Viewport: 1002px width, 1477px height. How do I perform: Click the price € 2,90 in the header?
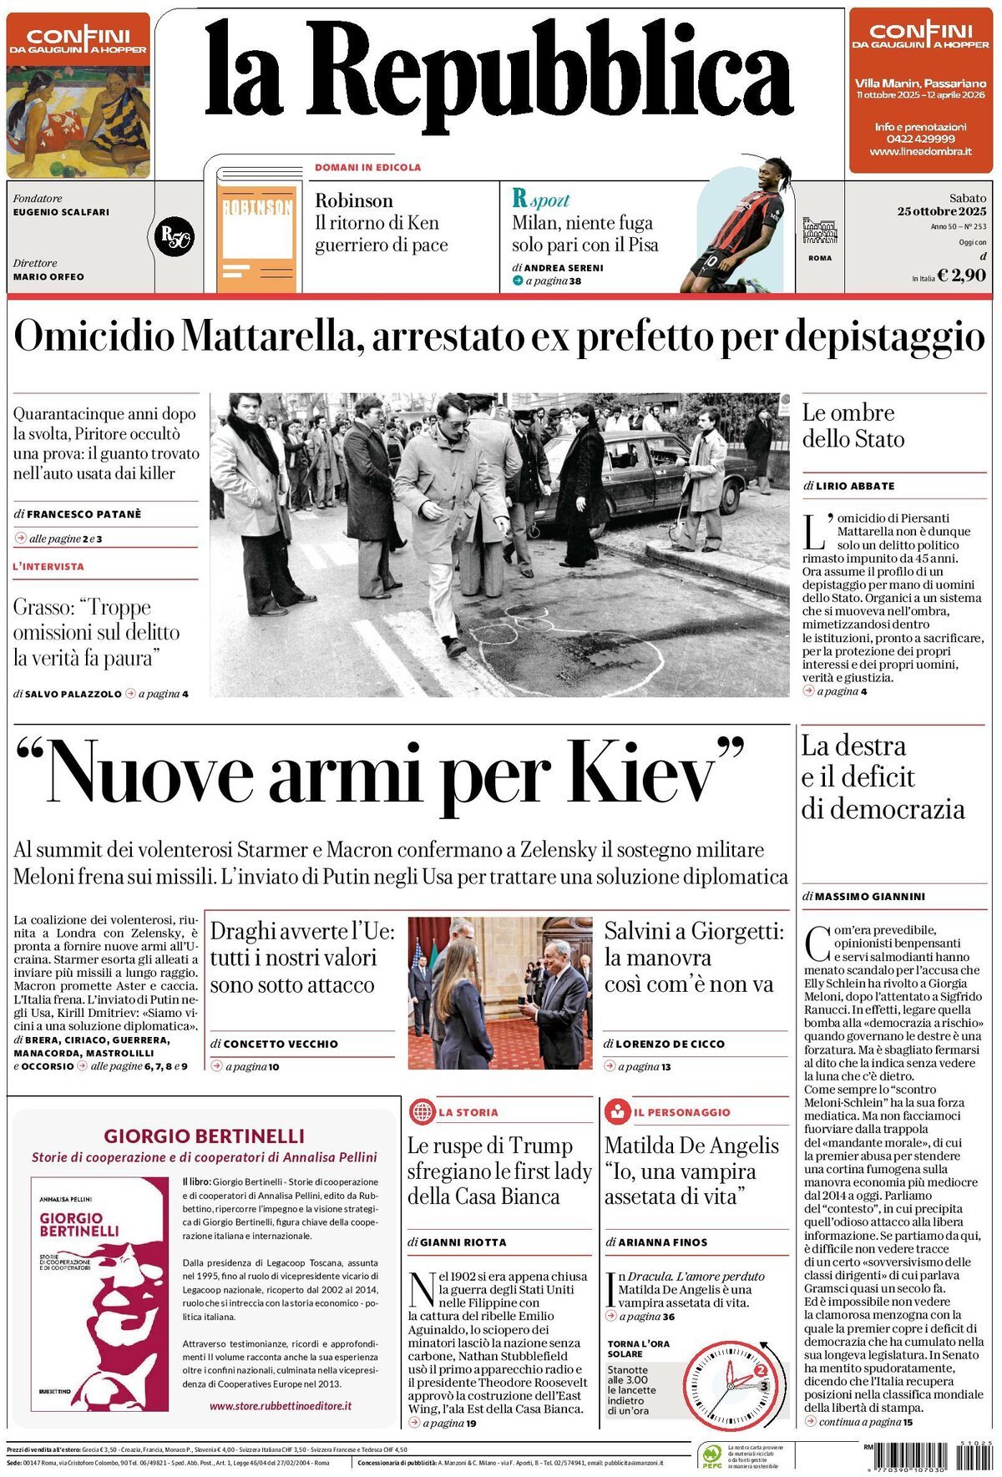tap(961, 275)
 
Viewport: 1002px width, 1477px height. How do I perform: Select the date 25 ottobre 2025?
tap(942, 211)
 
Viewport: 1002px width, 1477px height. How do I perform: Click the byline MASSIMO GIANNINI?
tap(869, 896)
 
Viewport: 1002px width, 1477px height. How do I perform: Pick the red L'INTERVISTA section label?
tap(48, 566)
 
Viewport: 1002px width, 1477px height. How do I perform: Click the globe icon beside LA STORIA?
tap(423, 1111)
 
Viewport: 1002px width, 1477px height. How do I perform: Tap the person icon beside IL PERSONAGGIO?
tap(618, 1111)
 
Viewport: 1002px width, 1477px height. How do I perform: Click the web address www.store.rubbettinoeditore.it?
tap(280, 1406)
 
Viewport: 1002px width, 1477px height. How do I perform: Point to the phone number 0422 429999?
tap(920, 139)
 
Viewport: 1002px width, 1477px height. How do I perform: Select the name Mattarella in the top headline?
tap(271, 336)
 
